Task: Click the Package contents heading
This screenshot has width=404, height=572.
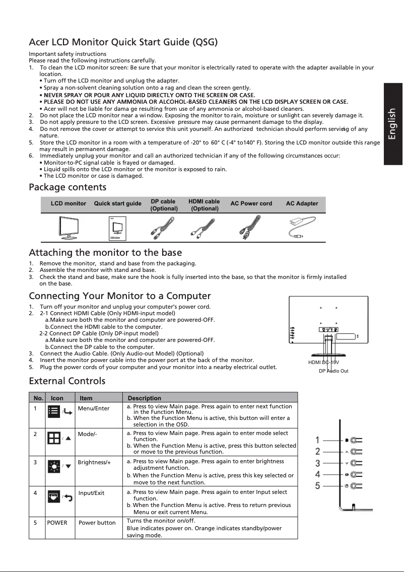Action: [x=68, y=188]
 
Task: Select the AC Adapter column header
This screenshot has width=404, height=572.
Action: [x=302, y=204]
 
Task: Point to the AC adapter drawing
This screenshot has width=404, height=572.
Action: [x=301, y=228]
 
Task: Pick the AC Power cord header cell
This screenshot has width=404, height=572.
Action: [x=251, y=204]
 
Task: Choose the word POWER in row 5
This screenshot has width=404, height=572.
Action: [x=57, y=523]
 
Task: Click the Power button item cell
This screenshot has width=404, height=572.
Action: [x=97, y=523]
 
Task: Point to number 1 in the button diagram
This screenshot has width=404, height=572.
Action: [x=318, y=440]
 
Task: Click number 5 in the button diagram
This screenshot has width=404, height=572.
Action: [x=318, y=486]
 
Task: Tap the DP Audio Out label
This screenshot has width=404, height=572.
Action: [x=333, y=371]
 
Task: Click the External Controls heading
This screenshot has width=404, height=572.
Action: [x=67, y=380]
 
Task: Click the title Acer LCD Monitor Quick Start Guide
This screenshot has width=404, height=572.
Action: [x=123, y=42]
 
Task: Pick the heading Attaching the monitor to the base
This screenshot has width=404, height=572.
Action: [x=105, y=252]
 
